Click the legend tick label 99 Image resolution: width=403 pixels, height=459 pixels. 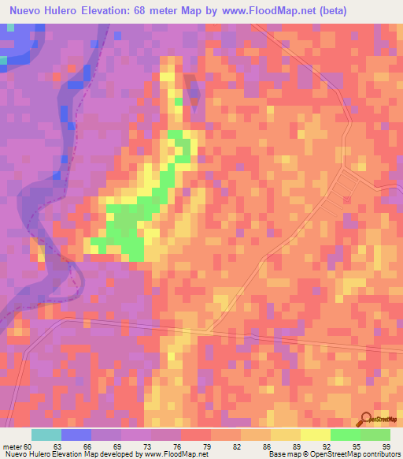tap(385, 446)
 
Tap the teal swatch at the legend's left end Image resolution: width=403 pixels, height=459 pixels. tap(46, 435)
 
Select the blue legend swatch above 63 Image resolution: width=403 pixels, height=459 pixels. tap(76, 435)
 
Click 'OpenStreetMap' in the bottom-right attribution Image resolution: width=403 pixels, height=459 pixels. tap(330, 454)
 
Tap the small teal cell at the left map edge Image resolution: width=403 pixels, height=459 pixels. tap(3, 59)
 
